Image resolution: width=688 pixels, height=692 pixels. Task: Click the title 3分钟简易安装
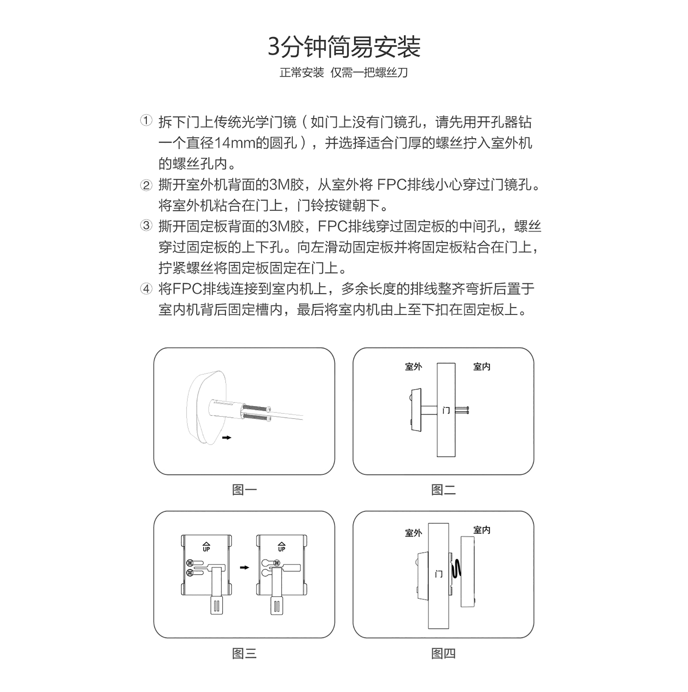344,47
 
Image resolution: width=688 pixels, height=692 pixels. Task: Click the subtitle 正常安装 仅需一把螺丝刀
344,73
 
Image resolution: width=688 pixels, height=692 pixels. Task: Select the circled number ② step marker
146,185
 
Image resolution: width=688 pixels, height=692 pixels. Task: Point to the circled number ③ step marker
146,226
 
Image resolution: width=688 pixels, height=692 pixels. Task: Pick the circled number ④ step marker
146,288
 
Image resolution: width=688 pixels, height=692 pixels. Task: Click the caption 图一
244,490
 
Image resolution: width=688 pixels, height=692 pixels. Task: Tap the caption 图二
443,490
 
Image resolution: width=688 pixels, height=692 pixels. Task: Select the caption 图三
244,654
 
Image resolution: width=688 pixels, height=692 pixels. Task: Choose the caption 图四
443,654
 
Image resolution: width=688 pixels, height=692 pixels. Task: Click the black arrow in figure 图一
226,438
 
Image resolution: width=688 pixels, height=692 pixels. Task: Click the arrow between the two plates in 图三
244,567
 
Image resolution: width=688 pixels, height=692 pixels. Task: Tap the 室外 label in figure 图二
414,367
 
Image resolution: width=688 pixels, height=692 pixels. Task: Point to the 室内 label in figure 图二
482,367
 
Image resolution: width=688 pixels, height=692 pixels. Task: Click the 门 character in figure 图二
446,410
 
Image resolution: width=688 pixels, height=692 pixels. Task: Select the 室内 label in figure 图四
482,530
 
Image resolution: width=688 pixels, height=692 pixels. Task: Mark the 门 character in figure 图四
439,574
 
